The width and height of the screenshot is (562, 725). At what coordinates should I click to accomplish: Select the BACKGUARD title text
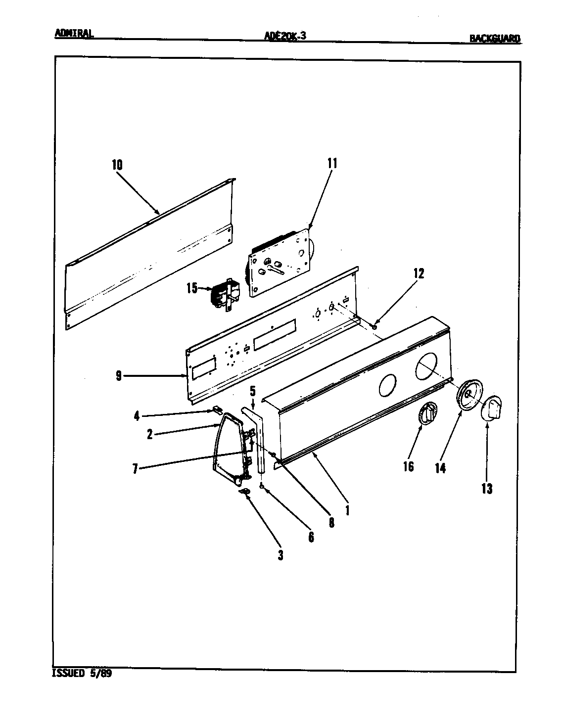click(x=495, y=38)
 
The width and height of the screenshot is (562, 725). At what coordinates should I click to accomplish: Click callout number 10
click(x=117, y=165)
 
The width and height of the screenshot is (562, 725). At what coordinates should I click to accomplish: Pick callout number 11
click(x=331, y=163)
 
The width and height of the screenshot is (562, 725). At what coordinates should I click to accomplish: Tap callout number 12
click(x=419, y=273)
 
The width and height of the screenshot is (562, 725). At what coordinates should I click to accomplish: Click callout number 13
click(x=487, y=489)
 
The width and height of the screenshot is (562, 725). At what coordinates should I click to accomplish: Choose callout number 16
click(x=408, y=466)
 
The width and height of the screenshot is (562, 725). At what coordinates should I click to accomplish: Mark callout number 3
click(x=280, y=555)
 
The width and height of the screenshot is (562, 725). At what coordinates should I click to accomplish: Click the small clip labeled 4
click(x=216, y=409)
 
